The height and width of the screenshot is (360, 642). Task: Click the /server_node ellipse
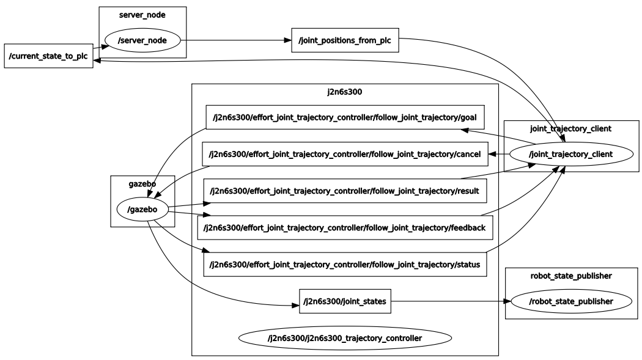[142, 41]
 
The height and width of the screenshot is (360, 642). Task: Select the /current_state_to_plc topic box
[48, 56]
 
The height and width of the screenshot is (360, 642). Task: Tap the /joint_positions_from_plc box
[345, 40]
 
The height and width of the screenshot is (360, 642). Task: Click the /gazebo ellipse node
[142, 209]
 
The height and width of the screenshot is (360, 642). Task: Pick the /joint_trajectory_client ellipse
[570, 155]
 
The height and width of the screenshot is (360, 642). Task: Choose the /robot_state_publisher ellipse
[570, 301]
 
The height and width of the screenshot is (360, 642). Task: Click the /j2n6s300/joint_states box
[345, 301]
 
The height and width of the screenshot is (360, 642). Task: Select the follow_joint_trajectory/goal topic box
[345, 117]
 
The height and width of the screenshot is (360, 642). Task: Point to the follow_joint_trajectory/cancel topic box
[345, 154]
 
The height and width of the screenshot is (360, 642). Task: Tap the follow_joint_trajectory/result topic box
[345, 191]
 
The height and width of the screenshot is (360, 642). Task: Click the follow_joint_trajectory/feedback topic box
[345, 227]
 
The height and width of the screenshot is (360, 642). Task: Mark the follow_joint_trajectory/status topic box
[345, 264]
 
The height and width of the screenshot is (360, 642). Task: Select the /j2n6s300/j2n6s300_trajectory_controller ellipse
[345, 337]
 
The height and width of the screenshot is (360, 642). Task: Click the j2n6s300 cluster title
[345, 92]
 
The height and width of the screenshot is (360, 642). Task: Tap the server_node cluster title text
[142, 15]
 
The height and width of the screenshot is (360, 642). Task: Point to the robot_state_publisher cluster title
[570, 276]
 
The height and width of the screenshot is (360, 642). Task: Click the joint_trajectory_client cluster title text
[570, 128]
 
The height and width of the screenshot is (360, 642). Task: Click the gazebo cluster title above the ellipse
[142, 183]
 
